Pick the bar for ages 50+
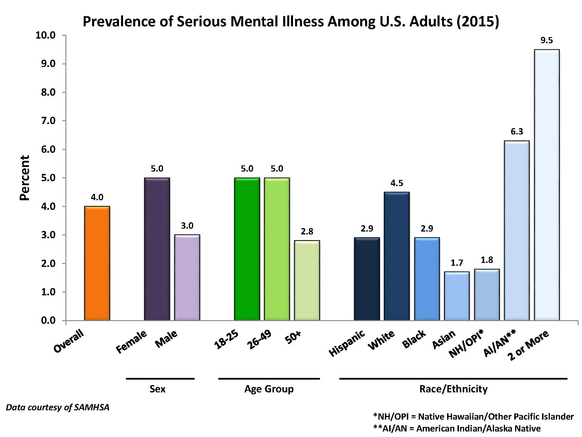pyautogui.click(x=307, y=280)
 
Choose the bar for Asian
pyautogui.click(x=457, y=296)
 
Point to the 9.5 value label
pyautogui.click(x=547, y=40)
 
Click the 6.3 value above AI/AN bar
pyautogui.click(x=517, y=132)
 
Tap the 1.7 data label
pyautogui.click(x=457, y=263)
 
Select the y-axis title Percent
pyautogui.click(x=25, y=178)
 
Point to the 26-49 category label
pyautogui.click(x=259, y=340)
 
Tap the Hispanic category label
pyautogui.click(x=347, y=343)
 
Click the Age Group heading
pyautogui.click(x=269, y=389)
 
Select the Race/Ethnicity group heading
pyautogui.click(x=453, y=389)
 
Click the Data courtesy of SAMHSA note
pyautogui.click(x=58, y=407)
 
